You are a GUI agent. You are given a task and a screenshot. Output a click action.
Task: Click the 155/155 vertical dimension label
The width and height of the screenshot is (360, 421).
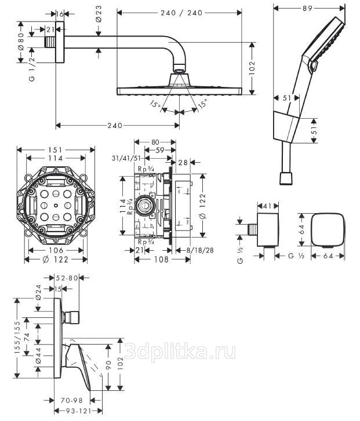[18, 337]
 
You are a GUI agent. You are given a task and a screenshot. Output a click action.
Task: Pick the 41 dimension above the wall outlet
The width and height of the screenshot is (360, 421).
[267, 206]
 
